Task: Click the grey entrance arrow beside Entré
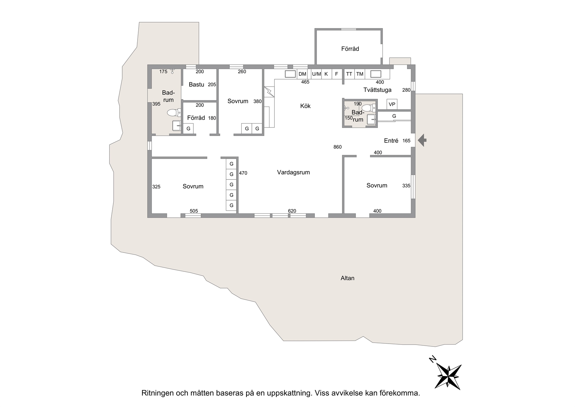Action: tap(422, 140)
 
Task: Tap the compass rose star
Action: tap(448, 377)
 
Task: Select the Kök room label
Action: tap(305, 106)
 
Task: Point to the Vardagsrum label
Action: tap(293, 172)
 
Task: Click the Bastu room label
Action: tap(196, 85)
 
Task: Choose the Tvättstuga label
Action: tap(377, 90)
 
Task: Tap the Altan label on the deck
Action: tap(347, 278)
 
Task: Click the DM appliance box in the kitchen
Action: tap(303, 74)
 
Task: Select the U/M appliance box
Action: tap(316, 74)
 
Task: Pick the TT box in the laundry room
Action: tap(349, 74)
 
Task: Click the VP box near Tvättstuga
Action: tap(392, 104)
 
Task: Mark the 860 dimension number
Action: tap(337, 147)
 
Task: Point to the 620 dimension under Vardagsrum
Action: tap(292, 211)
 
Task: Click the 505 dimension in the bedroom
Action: tap(194, 211)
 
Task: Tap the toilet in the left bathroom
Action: tap(174, 112)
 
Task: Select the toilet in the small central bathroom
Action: tap(369, 108)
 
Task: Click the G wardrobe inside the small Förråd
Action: tap(188, 128)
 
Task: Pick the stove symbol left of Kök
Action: tap(269, 92)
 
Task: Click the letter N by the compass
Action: tap(433, 359)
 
